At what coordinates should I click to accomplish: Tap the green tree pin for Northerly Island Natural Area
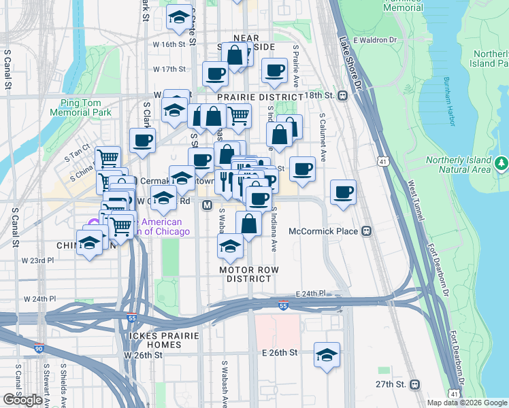(x=502, y=163)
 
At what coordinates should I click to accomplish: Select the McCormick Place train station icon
(x=366, y=231)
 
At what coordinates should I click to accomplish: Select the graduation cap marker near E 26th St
(x=327, y=356)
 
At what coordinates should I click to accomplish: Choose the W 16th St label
(x=169, y=45)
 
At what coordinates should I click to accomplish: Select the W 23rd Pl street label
(x=37, y=260)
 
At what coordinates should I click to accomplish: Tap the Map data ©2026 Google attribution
(x=466, y=403)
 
